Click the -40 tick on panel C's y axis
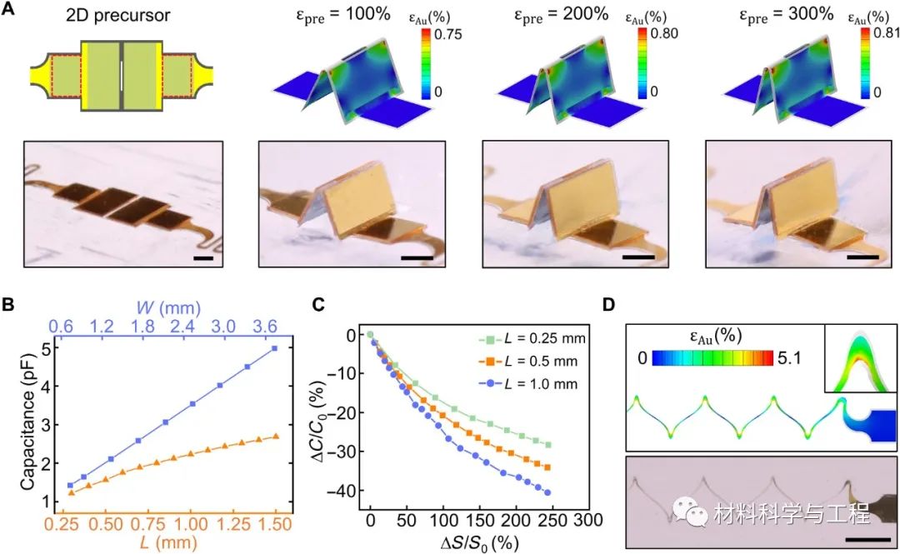(341, 492)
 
